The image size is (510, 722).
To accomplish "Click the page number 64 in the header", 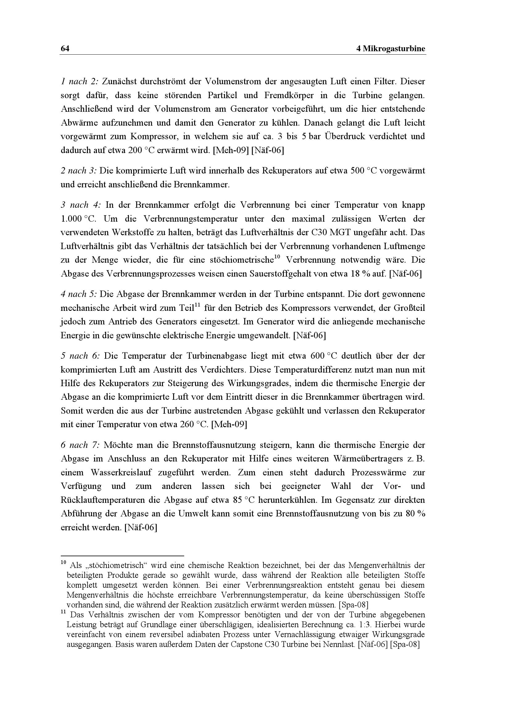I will (x=65, y=49).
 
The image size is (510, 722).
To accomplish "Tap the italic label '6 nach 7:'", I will (x=80, y=445).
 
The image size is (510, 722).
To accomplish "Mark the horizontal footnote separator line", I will (x=122, y=556).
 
